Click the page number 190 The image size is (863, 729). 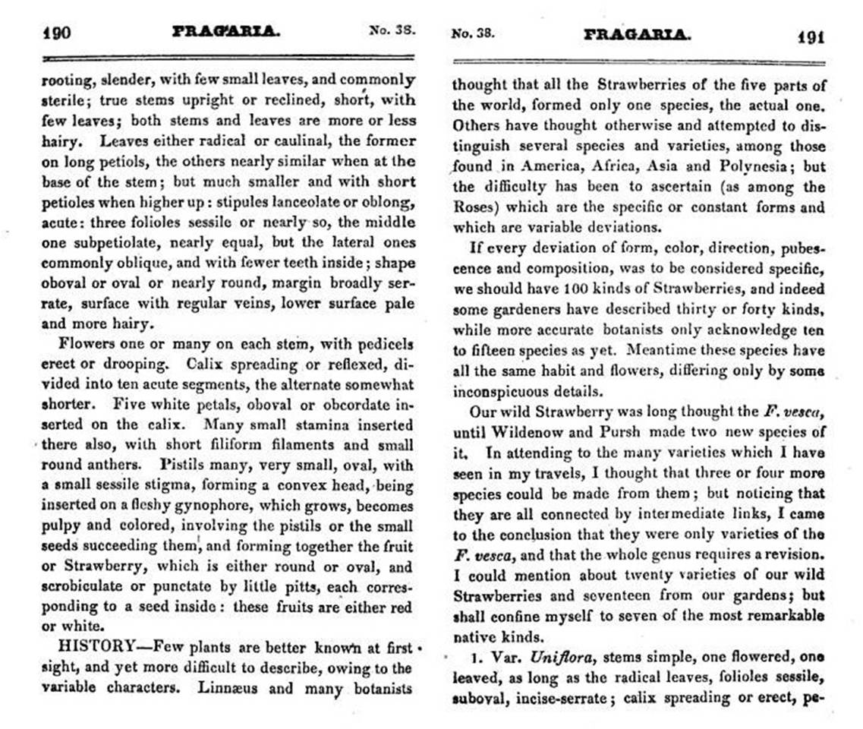tap(58, 34)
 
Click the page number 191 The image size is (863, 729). tap(811, 36)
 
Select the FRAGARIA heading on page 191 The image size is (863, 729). tap(638, 35)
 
